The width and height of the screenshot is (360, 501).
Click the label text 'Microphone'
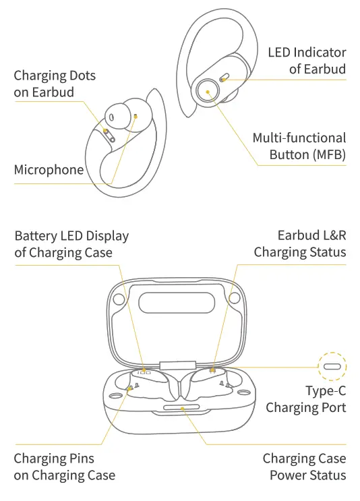pos(49,169)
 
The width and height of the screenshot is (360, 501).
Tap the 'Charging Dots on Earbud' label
pos(55,84)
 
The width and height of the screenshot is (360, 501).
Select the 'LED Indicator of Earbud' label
pos(307,61)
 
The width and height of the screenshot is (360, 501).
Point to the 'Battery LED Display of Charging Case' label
pos(71,244)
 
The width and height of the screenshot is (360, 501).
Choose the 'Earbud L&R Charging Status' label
pos(299,244)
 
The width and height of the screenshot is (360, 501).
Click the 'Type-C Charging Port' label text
pos(305,399)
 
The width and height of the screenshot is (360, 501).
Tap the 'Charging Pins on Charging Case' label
pos(65,467)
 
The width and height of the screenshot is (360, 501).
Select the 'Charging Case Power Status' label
pos(304,467)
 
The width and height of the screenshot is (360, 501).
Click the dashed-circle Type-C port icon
pos(332,367)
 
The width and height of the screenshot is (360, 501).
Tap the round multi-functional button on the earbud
pos(208,90)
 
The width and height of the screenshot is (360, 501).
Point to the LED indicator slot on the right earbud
pos(223,79)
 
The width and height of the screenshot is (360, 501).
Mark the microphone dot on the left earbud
pos(136,116)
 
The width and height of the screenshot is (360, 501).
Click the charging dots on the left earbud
pos(108,133)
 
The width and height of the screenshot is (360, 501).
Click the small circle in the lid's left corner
pos(120,297)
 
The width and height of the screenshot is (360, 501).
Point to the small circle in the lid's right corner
pos(233,297)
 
